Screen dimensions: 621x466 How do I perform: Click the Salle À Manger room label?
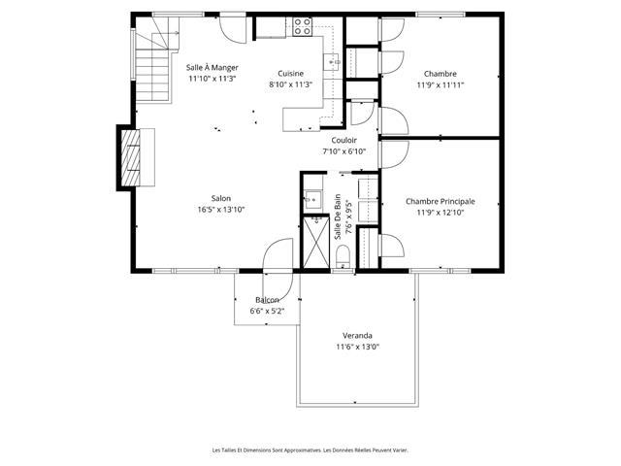pos(212,68)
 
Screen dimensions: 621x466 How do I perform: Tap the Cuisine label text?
pos(291,74)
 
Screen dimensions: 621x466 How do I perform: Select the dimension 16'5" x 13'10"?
pos(221,210)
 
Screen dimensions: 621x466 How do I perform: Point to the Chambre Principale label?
pos(441,202)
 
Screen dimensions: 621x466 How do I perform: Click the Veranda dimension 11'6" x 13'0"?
pos(358,348)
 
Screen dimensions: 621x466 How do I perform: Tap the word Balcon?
pos(268,300)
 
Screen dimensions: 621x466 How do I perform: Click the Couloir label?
pos(344,140)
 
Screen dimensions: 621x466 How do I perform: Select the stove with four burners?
pos(302,26)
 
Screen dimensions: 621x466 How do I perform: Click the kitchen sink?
pos(332,62)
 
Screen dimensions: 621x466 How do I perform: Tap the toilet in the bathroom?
pos(343,256)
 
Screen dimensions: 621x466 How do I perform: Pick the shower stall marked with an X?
pos(316,243)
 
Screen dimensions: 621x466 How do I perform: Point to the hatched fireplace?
pos(131,157)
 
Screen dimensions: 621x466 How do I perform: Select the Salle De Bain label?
pos(338,216)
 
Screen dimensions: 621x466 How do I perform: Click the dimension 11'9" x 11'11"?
pos(441,85)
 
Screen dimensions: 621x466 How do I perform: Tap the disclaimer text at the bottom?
pos(310,450)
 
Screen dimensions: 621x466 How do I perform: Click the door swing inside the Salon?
pos(278,253)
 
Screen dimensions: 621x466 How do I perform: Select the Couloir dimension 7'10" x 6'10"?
pos(344,151)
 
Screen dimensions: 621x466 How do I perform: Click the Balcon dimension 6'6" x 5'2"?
pos(268,312)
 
